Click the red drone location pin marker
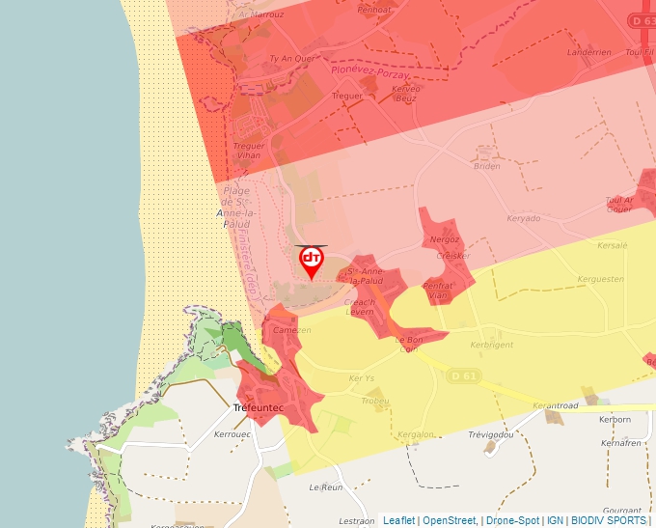(x=312, y=262)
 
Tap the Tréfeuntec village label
(x=259, y=409)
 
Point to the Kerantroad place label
(x=555, y=406)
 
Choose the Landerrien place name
(x=589, y=52)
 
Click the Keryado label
(x=524, y=218)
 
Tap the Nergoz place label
(x=445, y=238)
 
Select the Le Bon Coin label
(x=410, y=345)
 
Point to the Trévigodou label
(x=491, y=434)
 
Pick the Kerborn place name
(x=615, y=420)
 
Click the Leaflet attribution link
(x=398, y=520)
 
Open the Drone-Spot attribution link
(x=512, y=520)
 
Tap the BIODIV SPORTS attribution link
(x=609, y=520)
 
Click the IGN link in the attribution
(x=555, y=520)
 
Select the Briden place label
(x=487, y=166)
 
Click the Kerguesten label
(x=600, y=278)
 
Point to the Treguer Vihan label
(x=249, y=151)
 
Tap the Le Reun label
(x=326, y=487)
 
